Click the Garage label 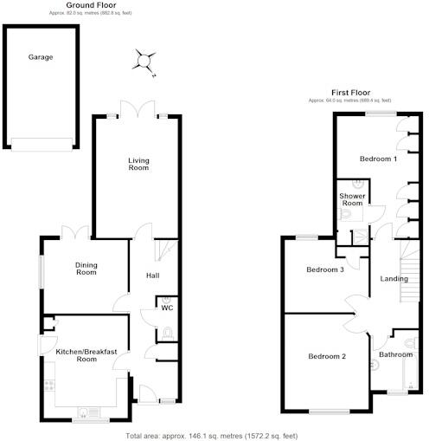point(41,57)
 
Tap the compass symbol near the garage point(144,60)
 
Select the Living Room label point(138,165)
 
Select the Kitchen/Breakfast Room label point(87,354)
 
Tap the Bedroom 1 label point(378,159)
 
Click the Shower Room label point(352,202)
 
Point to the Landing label point(394,279)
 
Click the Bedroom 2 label point(326,356)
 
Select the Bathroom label point(396,354)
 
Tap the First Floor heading point(350,92)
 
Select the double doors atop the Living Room point(138,109)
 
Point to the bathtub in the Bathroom point(410,377)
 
